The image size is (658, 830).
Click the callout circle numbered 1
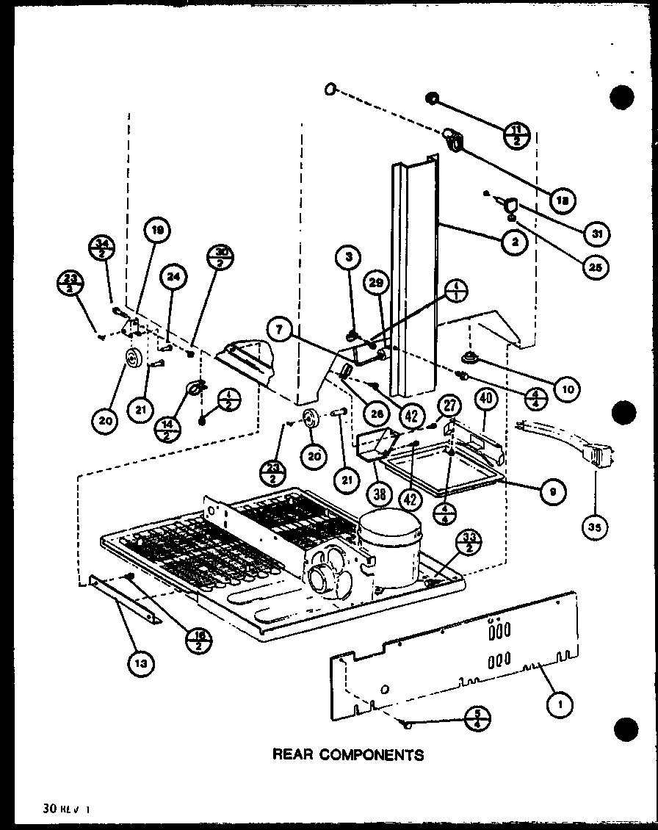point(560,704)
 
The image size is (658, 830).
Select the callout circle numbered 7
point(278,331)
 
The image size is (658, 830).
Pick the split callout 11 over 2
point(518,136)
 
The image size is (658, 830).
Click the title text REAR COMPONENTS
point(347,754)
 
